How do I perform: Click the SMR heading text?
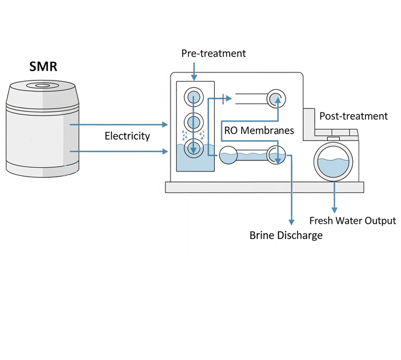pyautogui.click(x=43, y=67)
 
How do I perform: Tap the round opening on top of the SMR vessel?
pyautogui.click(x=43, y=85)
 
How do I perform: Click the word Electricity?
pyautogui.click(x=127, y=136)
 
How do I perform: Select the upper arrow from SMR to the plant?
pyautogui.click(x=119, y=124)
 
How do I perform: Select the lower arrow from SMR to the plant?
pyautogui.click(x=119, y=151)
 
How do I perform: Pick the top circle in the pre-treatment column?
pyautogui.click(x=194, y=97)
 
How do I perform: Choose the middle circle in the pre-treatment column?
pyautogui.click(x=194, y=122)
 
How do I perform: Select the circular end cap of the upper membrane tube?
pyautogui.click(x=275, y=97)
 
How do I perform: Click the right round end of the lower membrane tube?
pyautogui.click(x=275, y=155)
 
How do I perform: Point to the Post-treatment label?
pyautogui.click(x=354, y=116)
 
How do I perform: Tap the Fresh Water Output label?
pyautogui.click(x=353, y=220)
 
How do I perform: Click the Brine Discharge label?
pyautogui.click(x=286, y=235)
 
